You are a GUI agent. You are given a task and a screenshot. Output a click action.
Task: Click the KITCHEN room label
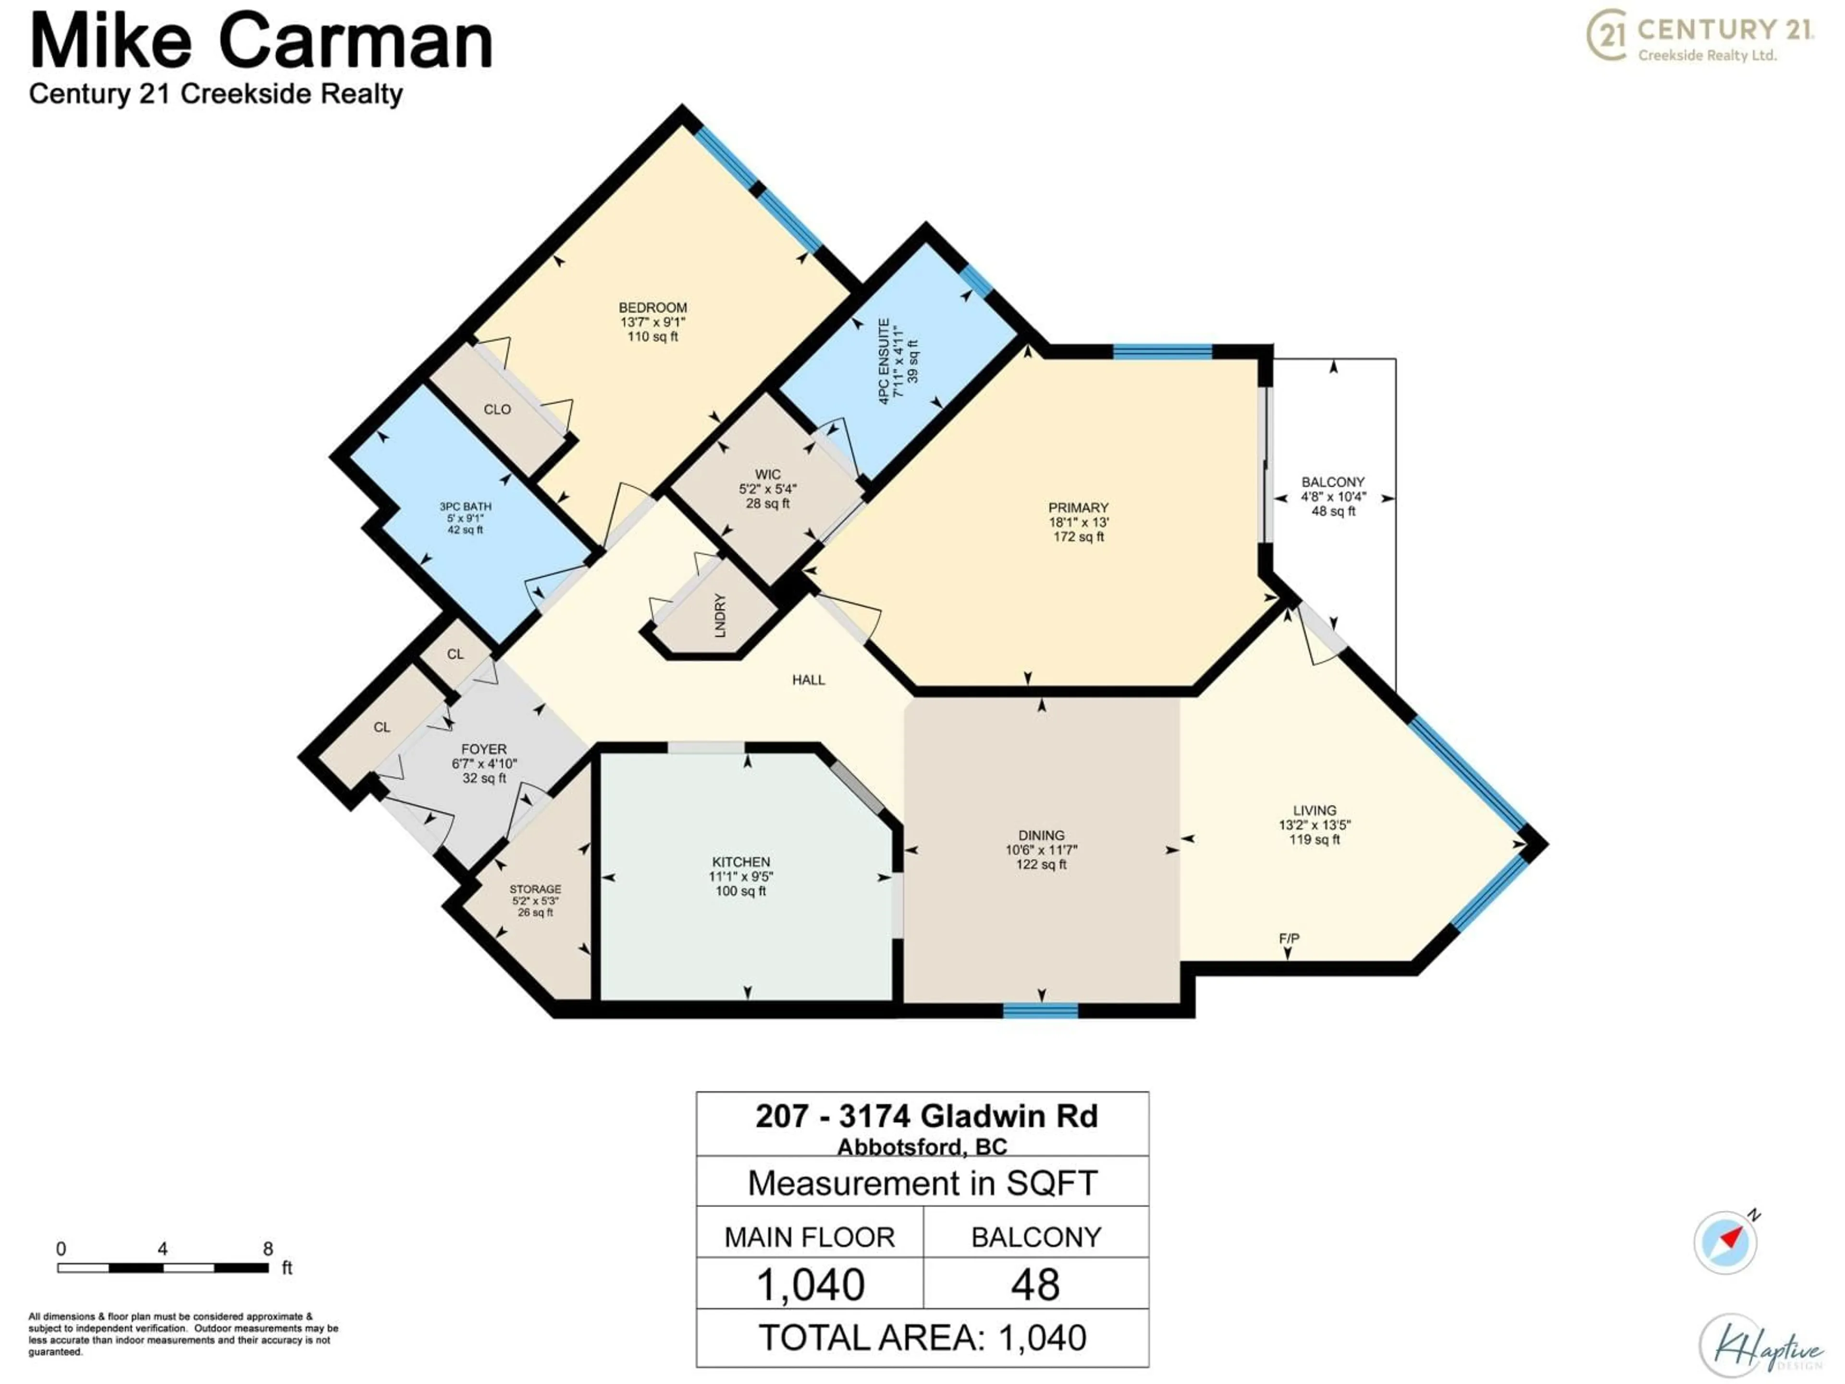(741, 862)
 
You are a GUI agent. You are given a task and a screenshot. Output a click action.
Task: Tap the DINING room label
(1041, 835)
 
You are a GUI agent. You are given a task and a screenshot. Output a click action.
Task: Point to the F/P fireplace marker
(1289, 939)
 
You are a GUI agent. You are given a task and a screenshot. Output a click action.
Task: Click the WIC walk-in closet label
(767, 474)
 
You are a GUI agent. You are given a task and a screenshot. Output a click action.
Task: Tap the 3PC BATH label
(466, 507)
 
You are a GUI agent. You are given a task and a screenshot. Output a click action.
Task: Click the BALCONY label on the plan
(1333, 482)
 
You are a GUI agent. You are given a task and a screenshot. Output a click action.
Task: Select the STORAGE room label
(536, 890)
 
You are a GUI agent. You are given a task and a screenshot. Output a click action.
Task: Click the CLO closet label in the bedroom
(497, 409)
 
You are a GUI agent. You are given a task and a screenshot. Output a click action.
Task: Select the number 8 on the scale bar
(268, 1249)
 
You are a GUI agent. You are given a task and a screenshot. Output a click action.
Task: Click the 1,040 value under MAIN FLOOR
(810, 1285)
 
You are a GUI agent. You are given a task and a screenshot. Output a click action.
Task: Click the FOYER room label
(484, 749)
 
